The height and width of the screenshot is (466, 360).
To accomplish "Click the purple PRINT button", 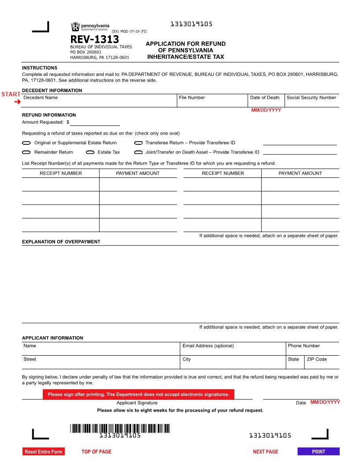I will coord(319,451).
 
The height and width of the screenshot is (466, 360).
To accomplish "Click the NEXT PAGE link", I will coord(265,451).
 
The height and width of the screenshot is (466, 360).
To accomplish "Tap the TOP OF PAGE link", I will coord(96,451).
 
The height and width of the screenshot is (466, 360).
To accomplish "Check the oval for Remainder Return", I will coord(26,152).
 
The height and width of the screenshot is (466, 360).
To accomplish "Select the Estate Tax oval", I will coord(90,152).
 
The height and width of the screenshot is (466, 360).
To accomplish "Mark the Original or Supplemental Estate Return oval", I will coord(26,143).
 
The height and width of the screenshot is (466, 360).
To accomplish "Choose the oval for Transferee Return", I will coord(138,143).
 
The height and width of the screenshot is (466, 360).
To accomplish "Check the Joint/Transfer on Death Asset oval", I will coord(138,152).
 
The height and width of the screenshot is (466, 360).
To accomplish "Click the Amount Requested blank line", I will coord(95,122).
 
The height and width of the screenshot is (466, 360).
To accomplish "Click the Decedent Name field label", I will coord(40,98).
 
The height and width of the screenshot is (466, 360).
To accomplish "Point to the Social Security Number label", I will coord(311,98).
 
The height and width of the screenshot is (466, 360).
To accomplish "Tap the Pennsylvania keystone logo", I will coord(75,27).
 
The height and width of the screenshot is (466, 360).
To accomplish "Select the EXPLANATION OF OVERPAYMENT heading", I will coord(61,242).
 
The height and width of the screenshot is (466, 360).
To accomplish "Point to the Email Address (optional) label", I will coord(208,346).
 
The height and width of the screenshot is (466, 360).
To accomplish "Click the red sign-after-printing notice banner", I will coord(138,395).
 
